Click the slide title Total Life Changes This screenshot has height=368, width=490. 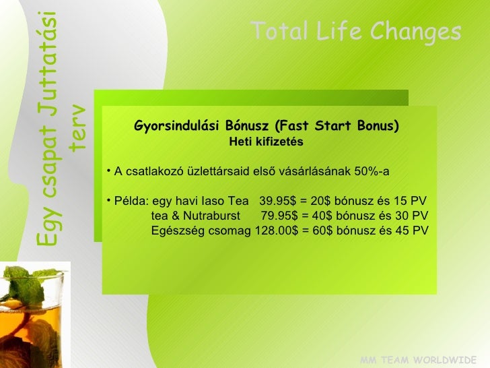click(355, 32)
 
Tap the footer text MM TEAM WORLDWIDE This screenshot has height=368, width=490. click(418, 360)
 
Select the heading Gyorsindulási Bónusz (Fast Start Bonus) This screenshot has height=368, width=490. click(267, 126)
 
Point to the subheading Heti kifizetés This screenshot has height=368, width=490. click(266, 142)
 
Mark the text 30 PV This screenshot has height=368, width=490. click(412, 216)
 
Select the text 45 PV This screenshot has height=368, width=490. click(412, 231)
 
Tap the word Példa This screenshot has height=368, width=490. click(132, 201)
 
